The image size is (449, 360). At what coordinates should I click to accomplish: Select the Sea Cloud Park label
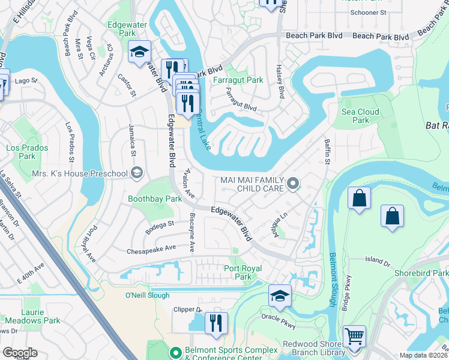[x=360, y=116]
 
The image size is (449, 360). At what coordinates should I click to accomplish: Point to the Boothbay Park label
[x=155, y=199]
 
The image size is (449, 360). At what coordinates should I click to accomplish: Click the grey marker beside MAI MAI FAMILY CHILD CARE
[x=292, y=184]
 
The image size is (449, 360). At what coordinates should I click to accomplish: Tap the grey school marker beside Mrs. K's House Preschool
[x=137, y=173]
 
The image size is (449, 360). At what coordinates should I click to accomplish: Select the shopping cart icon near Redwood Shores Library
[x=354, y=336]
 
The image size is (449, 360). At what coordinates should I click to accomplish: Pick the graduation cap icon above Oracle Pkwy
[x=279, y=295]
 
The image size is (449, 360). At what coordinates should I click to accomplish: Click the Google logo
[x=20, y=352]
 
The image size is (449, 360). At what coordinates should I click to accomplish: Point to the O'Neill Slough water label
[x=140, y=295]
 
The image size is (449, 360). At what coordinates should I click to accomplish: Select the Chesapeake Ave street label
[x=154, y=247]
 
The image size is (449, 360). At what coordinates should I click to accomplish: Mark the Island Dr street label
[x=378, y=262]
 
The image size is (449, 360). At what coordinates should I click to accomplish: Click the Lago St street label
[x=26, y=80]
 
